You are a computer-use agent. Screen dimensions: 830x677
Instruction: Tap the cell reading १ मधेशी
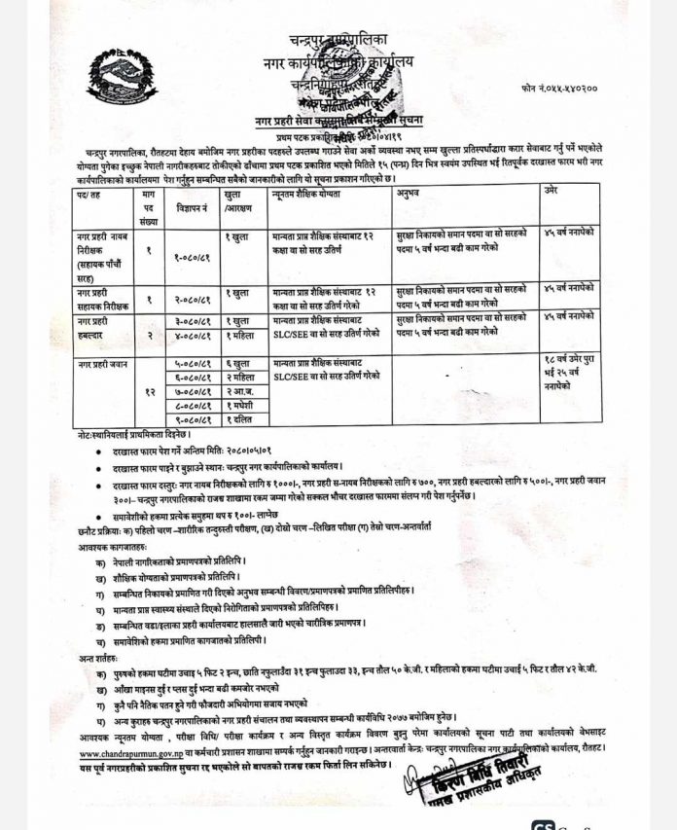242,405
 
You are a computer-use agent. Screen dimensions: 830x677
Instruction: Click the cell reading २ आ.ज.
242,390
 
